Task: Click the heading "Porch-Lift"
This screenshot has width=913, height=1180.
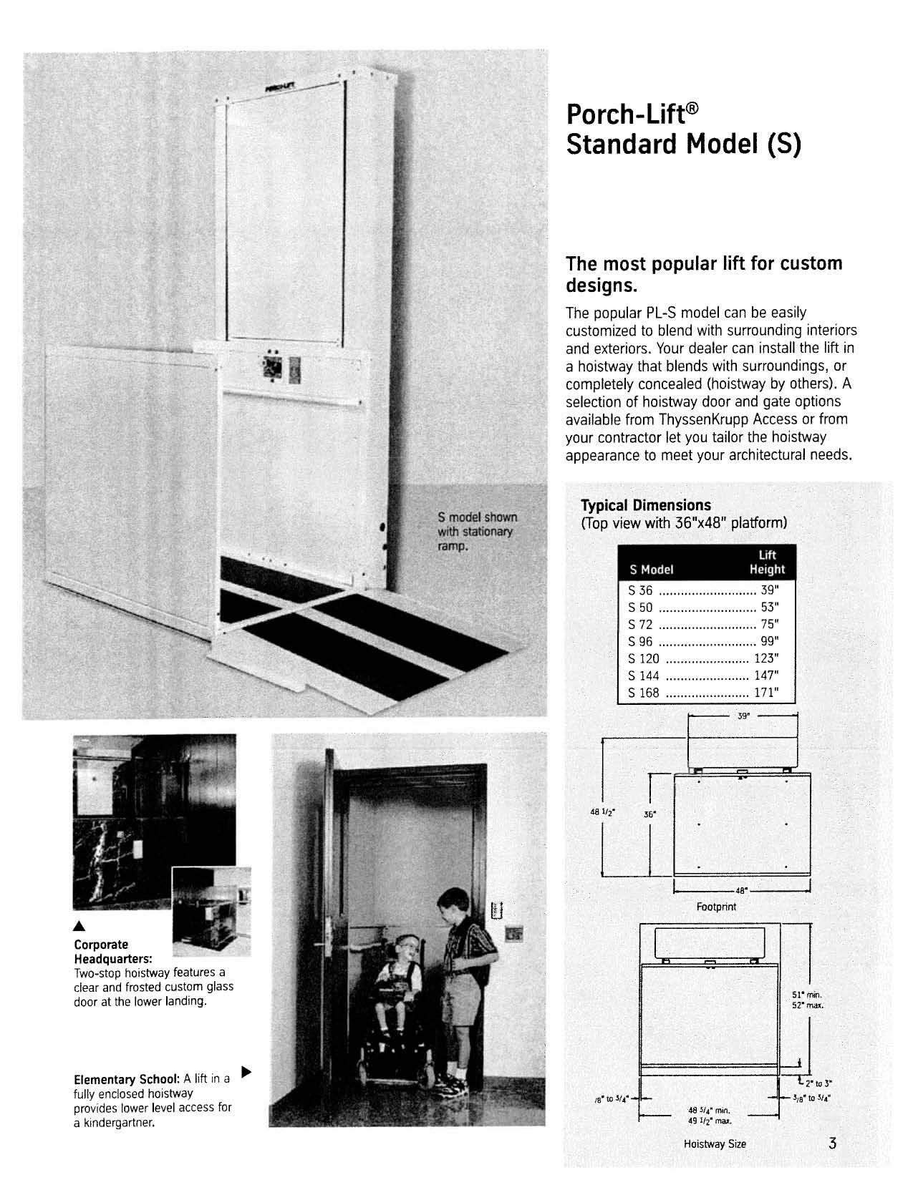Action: (631, 113)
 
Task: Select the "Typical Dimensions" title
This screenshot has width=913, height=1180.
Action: (645, 505)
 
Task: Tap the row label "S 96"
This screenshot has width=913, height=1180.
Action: (640, 641)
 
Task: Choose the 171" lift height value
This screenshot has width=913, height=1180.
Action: (765, 693)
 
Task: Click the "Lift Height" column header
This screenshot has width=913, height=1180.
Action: (767, 562)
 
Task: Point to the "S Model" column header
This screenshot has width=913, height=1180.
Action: (651, 570)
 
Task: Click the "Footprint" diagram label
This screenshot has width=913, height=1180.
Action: (716, 907)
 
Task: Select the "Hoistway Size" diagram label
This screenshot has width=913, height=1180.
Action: (715, 1144)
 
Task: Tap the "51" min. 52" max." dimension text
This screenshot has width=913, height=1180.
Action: (808, 1000)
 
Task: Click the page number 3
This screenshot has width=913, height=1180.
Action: (832, 1142)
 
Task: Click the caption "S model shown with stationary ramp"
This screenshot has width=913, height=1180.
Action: (477, 532)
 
